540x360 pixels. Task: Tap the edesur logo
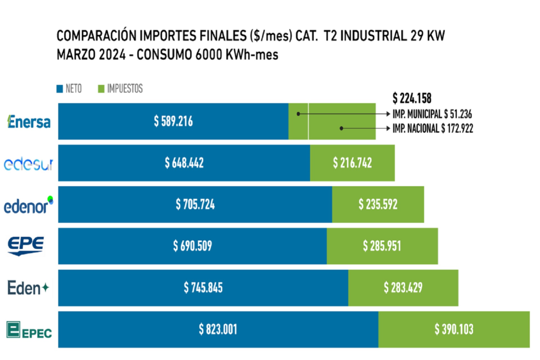click(x=28, y=164)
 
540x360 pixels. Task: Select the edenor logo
click(x=29, y=205)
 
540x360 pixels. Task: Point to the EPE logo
click(x=25, y=246)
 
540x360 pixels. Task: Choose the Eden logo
click(x=28, y=288)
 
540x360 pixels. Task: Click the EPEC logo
click(x=29, y=329)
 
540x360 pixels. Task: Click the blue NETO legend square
click(x=60, y=89)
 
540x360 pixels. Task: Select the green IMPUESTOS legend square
click(x=101, y=89)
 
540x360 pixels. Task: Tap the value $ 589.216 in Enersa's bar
click(x=173, y=121)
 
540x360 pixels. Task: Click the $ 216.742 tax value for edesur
click(x=352, y=163)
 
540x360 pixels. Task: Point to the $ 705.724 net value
click(x=195, y=205)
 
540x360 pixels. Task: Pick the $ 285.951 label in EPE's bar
click(x=382, y=246)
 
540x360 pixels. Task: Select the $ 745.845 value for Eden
click(x=203, y=287)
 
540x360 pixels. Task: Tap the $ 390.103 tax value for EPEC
click(x=454, y=329)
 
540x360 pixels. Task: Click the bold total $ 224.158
click(x=412, y=98)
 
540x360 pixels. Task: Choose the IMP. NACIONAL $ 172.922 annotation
click(x=432, y=128)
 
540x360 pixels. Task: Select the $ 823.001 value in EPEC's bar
click(x=218, y=329)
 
